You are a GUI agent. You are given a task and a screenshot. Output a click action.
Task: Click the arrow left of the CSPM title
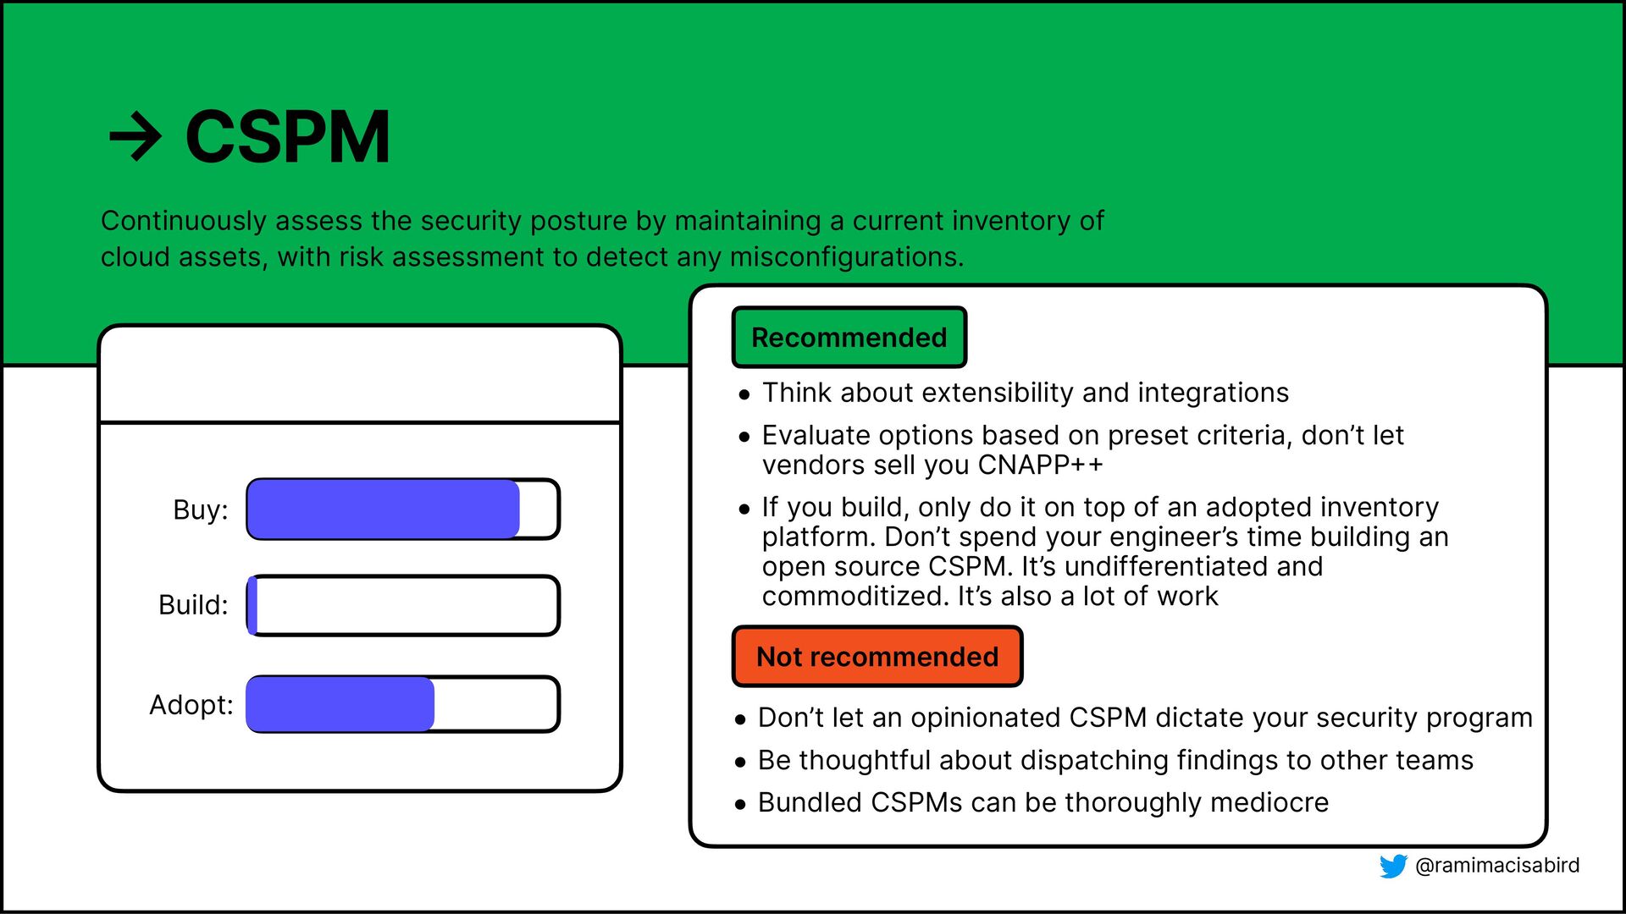tap(135, 137)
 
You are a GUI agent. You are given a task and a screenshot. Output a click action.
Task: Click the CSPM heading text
tap(288, 136)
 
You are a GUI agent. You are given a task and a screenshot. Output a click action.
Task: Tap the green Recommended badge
tap(849, 337)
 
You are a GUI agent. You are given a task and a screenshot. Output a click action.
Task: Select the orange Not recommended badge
tap(877, 657)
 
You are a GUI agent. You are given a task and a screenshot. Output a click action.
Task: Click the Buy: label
tap(201, 510)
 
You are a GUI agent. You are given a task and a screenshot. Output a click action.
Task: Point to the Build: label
tap(193, 605)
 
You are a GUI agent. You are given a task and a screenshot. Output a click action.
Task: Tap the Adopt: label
tap(191, 705)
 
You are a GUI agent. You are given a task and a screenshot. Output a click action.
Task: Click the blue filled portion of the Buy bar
tap(384, 509)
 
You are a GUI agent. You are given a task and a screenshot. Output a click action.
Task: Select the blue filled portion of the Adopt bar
tap(340, 704)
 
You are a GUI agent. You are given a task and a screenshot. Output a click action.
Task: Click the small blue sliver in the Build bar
tap(252, 605)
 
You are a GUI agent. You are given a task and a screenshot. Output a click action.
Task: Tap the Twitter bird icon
tap(1393, 866)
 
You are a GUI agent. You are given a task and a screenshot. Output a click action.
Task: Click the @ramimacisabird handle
tap(1497, 865)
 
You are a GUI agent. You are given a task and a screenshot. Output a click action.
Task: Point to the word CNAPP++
tap(1041, 465)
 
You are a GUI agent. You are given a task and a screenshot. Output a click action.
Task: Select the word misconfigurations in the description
tap(847, 256)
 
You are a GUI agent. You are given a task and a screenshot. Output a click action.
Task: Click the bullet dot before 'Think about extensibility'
tap(744, 394)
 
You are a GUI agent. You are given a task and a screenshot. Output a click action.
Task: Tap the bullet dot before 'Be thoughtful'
tap(741, 762)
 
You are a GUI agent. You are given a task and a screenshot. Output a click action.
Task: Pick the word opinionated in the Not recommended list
tap(982, 718)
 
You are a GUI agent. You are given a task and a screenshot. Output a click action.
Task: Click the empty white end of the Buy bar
tap(538, 509)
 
